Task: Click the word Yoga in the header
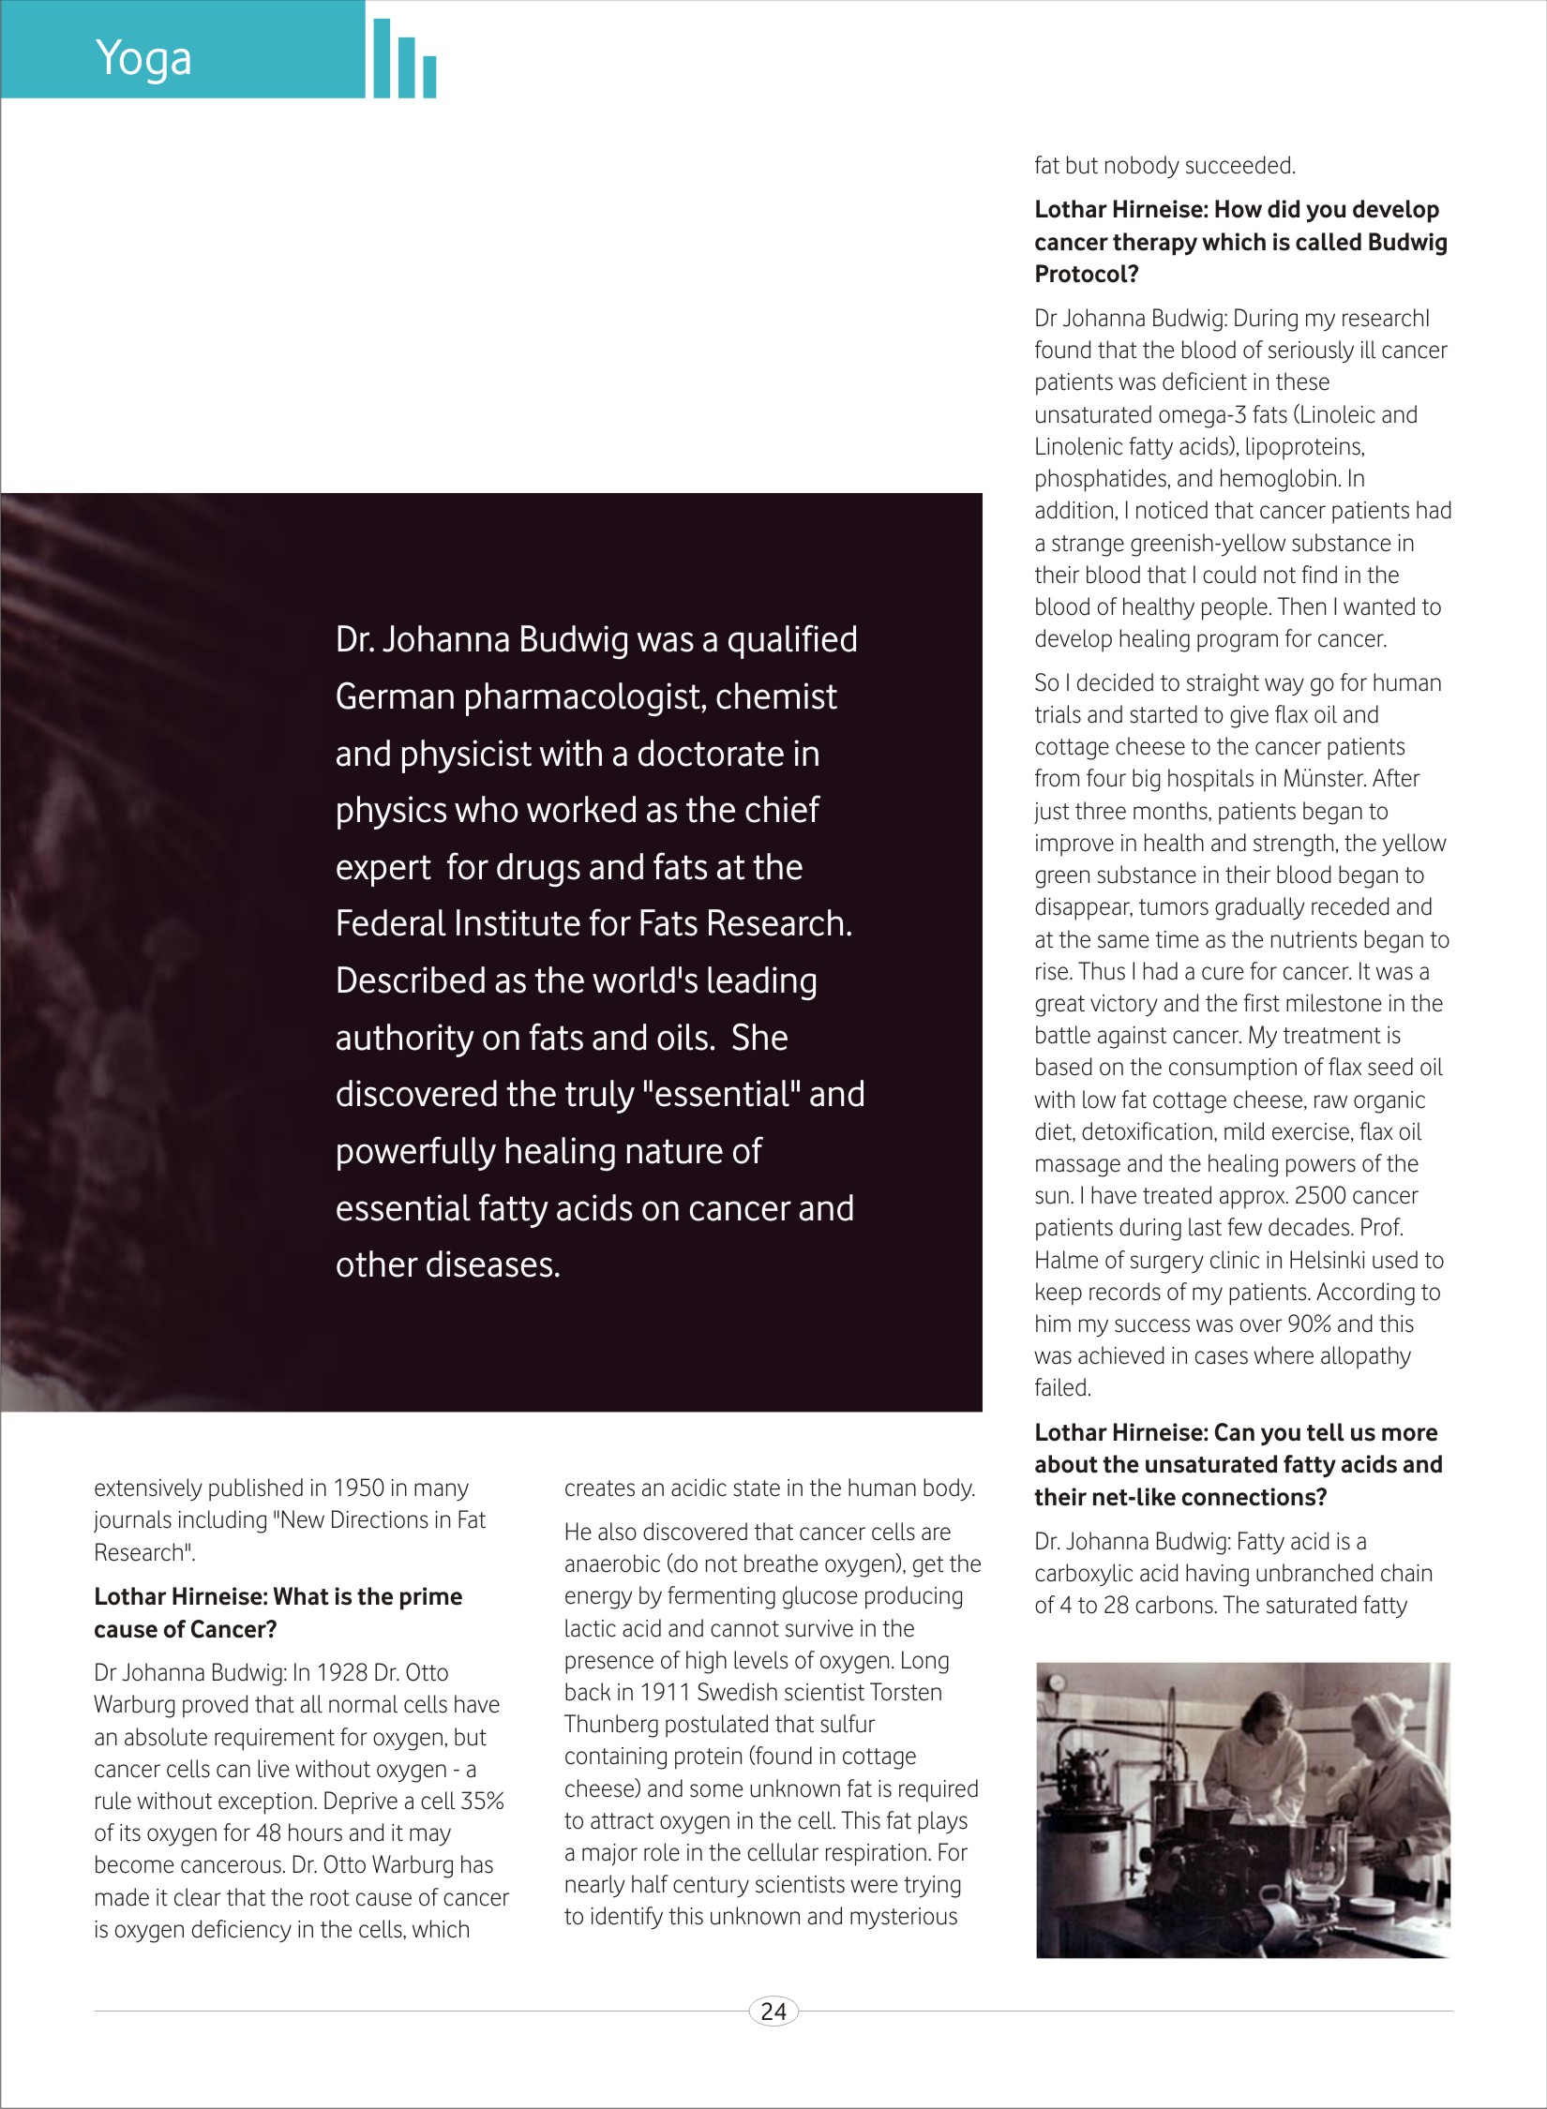coord(143,58)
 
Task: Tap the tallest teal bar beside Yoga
coord(381,58)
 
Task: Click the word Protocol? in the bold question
coord(1086,275)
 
